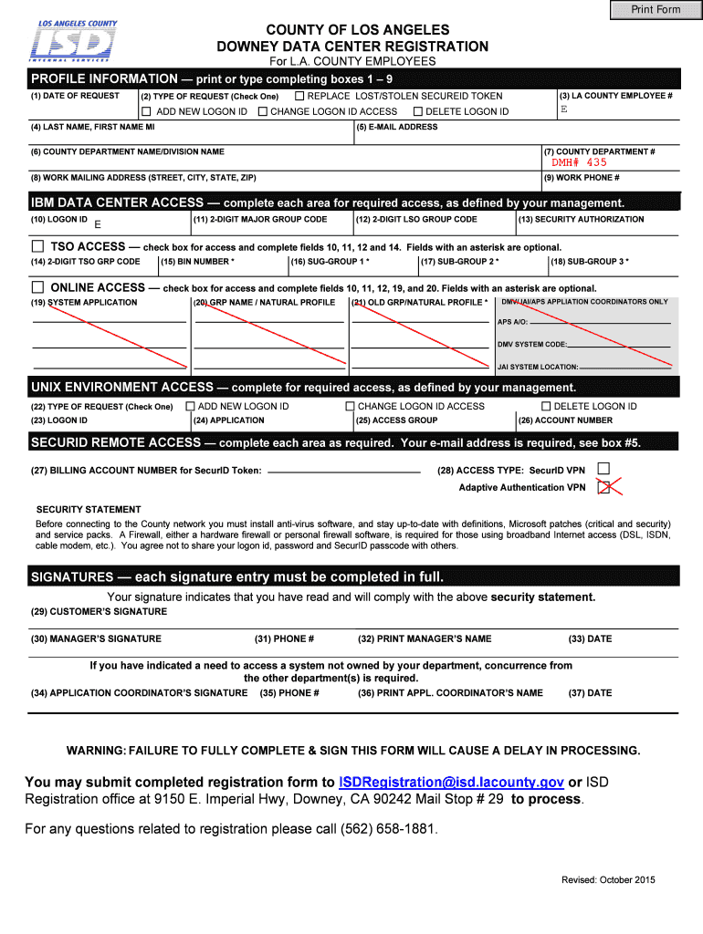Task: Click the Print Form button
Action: pyautogui.click(x=656, y=9)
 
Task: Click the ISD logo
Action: pyautogui.click(x=73, y=43)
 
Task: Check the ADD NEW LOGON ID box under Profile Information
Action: pyautogui.click(x=145, y=111)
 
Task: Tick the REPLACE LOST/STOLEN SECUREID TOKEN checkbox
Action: pyautogui.click(x=299, y=96)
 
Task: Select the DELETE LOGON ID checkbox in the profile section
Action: pyautogui.click(x=417, y=111)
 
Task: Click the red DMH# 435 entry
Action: pyautogui.click(x=578, y=162)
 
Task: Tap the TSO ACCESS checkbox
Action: pyautogui.click(x=37, y=246)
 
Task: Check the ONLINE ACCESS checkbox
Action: pyautogui.click(x=37, y=287)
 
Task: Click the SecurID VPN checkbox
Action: pyautogui.click(x=603, y=469)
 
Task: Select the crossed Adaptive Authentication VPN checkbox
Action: pyautogui.click(x=603, y=487)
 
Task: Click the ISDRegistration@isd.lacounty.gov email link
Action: pyautogui.click(x=451, y=782)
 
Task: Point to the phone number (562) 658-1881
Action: pyautogui.click(x=388, y=829)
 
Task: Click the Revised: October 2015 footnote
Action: pyautogui.click(x=608, y=879)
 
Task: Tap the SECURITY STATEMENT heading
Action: pyautogui.click(x=89, y=509)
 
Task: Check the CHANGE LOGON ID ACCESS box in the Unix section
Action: pyautogui.click(x=350, y=406)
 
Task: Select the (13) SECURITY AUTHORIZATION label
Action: pyautogui.click(x=581, y=219)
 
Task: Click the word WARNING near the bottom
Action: pyautogui.click(x=96, y=750)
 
